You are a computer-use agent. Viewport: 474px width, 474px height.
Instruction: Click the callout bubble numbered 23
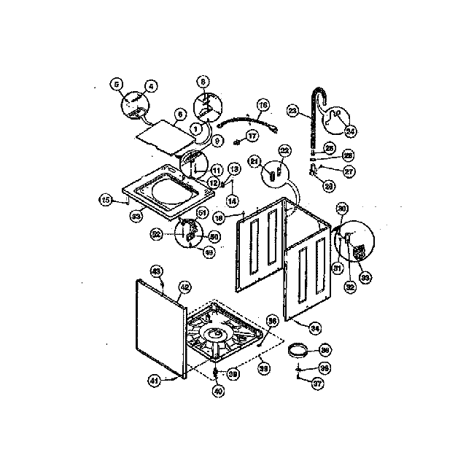coord(292,111)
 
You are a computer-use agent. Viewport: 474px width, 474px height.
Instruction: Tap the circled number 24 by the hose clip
coord(349,131)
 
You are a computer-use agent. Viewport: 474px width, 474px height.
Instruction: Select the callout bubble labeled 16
coord(263,105)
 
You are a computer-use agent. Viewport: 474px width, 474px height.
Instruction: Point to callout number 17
coord(252,136)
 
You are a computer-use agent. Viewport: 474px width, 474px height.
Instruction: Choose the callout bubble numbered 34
coord(315,327)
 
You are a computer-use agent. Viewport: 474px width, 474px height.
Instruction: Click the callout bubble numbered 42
coord(184,287)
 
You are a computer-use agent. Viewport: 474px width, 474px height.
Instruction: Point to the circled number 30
coord(341,209)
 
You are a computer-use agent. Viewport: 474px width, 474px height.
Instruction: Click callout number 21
coord(255,160)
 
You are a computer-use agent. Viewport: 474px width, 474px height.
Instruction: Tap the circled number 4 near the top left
coord(150,86)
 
